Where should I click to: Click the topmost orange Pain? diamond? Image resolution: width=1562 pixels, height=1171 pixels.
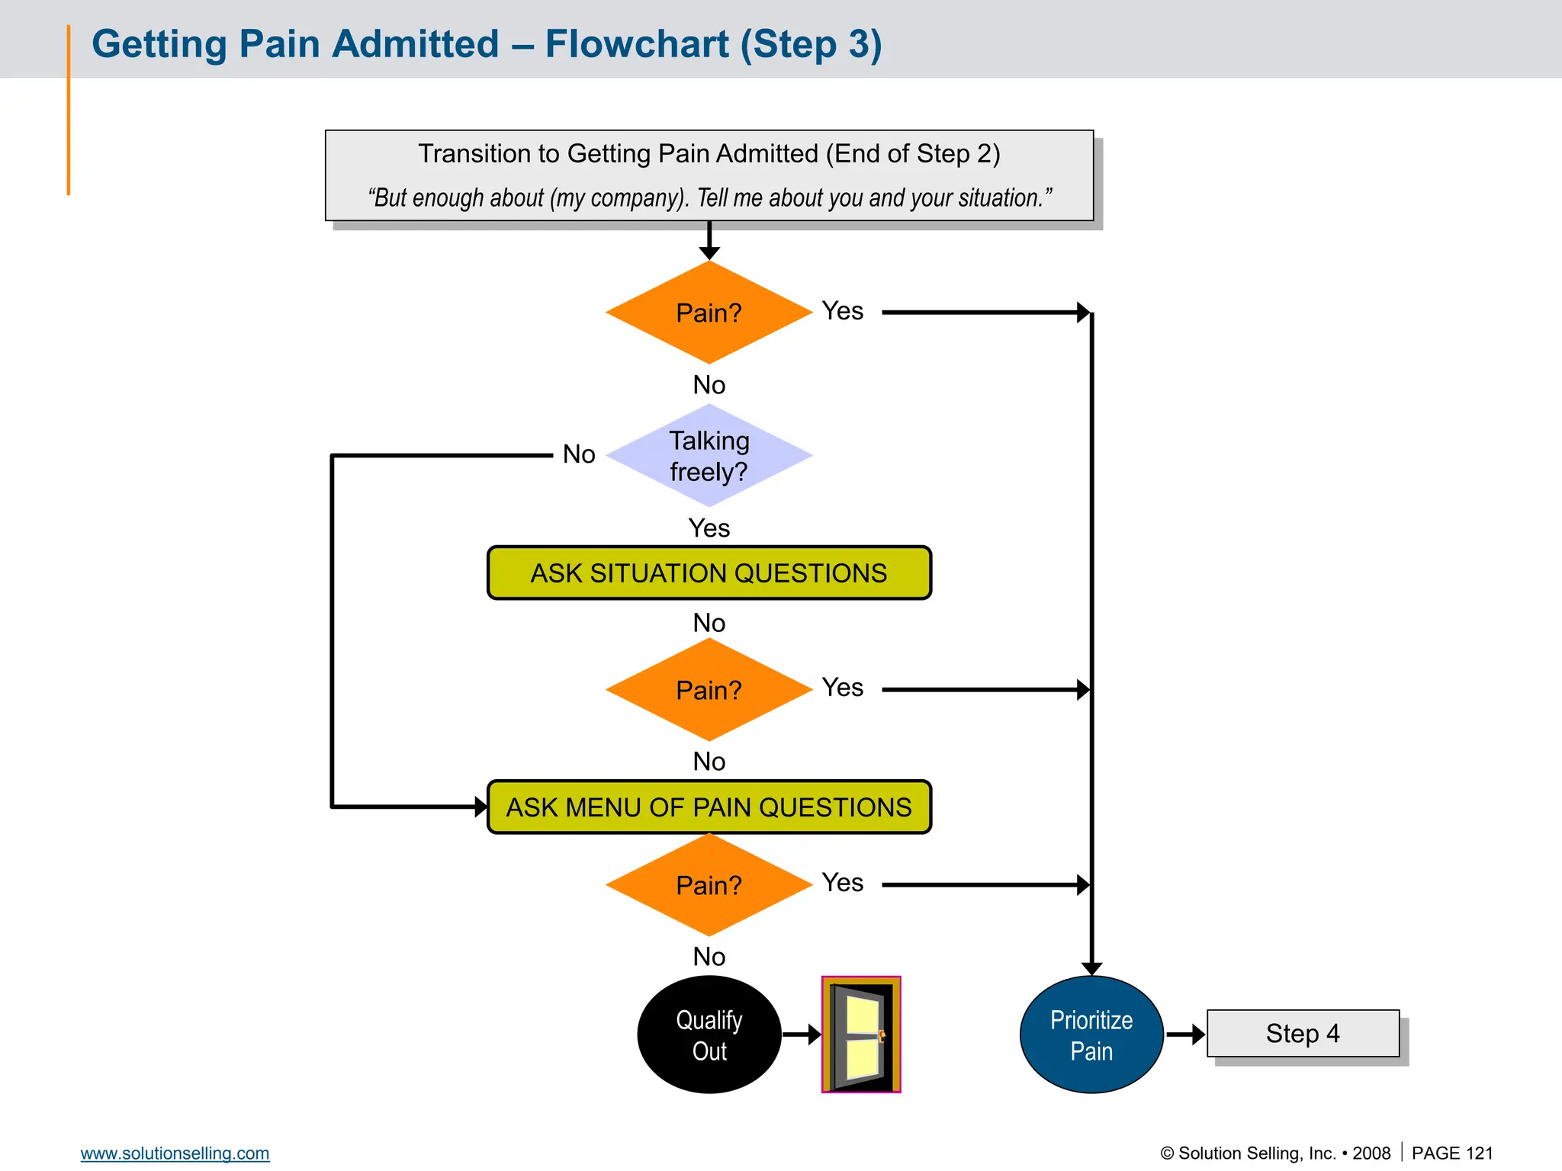[x=709, y=313]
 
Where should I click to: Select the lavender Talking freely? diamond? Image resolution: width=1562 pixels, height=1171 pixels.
[x=709, y=456]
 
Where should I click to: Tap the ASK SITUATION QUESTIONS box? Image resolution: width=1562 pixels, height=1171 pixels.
[x=709, y=573]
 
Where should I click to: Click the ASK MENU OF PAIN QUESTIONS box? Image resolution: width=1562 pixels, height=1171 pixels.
[x=709, y=807]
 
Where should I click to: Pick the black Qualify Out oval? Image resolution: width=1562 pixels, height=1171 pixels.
[x=709, y=1035]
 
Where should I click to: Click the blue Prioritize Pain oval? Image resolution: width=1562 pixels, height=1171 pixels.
[x=1091, y=1035]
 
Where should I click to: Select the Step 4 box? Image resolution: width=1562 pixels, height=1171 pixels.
[x=1303, y=1034]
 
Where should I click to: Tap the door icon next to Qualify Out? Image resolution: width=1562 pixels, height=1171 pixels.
[x=861, y=1035]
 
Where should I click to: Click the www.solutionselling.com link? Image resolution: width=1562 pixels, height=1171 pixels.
[x=175, y=1153]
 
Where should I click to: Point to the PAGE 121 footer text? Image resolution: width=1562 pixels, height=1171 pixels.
[x=1451, y=1153]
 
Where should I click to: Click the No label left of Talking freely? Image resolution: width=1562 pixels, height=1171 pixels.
[x=579, y=454]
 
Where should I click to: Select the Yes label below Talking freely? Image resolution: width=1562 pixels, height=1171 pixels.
[x=709, y=528]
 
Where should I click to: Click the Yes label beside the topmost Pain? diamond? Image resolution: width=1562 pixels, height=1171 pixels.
[x=842, y=311]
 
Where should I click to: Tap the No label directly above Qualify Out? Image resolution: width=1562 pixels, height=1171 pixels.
[x=709, y=957]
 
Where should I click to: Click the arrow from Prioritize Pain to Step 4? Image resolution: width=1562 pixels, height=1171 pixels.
[x=1186, y=1035]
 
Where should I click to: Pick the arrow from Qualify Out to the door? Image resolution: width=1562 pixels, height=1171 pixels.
[x=802, y=1035]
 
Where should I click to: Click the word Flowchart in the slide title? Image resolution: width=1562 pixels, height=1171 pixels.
[x=637, y=44]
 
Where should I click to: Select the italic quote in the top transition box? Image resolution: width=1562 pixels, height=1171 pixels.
[x=709, y=198]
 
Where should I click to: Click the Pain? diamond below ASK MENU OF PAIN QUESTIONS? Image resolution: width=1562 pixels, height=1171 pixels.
[x=709, y=885]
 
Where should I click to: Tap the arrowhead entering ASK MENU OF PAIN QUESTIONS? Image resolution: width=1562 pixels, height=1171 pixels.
[x=480, y=807]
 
